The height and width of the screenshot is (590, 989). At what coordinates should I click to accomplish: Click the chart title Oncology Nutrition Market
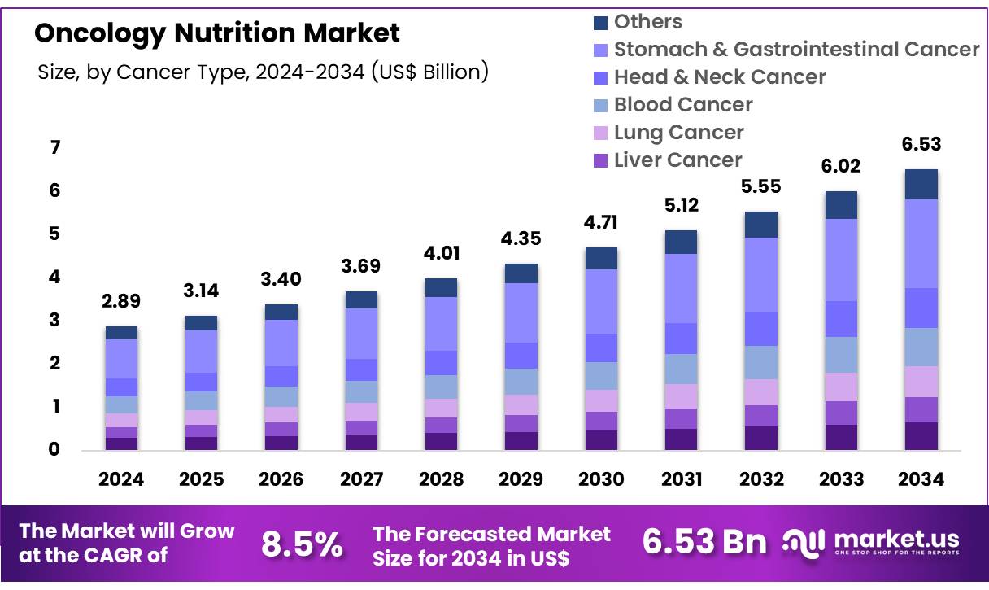click(x=217, y=33)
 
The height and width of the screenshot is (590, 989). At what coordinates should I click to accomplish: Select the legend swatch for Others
click(x=601, y=23)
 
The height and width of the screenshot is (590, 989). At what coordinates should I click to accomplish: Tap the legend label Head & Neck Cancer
click(x=720, y=77)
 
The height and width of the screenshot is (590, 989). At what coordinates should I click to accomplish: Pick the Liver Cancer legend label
click(x=677, y=160)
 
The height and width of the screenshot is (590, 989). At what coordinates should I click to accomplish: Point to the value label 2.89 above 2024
click(x=121, y=301)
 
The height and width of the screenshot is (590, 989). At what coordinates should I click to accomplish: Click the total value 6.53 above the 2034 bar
click(x=921, y=145)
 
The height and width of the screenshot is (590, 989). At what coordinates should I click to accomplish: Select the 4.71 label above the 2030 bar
click(x=602, y=222)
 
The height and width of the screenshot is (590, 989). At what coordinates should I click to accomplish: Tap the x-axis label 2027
click(x=361, y=479)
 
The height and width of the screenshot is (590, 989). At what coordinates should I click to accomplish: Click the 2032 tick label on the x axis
click(x=761, y=479)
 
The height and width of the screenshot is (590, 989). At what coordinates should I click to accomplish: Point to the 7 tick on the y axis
click(x=55, y=148)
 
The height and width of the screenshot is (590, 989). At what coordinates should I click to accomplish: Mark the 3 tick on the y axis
click(x=55, y=321)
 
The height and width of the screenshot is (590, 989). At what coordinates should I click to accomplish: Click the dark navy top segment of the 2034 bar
click(x=921, y=184)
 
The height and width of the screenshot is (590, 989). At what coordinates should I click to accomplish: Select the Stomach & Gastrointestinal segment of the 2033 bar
click(x=842, y=260)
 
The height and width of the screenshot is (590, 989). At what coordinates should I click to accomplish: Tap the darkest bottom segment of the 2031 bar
click(x=682, y=439)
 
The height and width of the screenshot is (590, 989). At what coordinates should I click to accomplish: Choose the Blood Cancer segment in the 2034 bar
click(x=921, y=347)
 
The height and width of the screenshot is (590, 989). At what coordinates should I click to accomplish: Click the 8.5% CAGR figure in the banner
click(x=302, y=544)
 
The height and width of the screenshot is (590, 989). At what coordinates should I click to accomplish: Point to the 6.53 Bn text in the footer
click(x=704, y=542)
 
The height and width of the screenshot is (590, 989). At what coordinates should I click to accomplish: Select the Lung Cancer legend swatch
click(x=601, y=133)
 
